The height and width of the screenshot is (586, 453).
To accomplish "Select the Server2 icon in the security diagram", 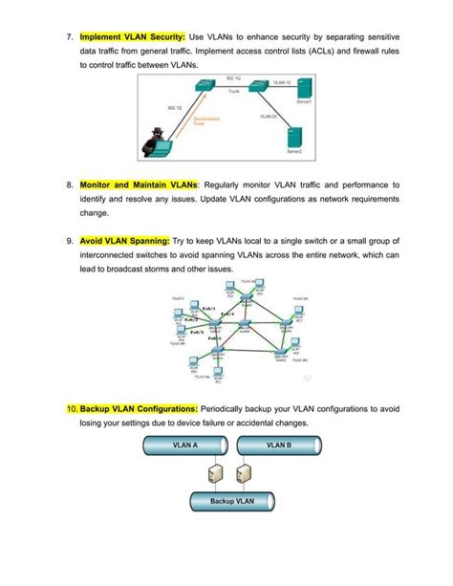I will (x=295, y=138).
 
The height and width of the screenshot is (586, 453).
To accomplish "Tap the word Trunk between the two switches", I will (x=233, y=92).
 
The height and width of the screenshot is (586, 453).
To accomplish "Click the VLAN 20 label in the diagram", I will (x=268, y=117).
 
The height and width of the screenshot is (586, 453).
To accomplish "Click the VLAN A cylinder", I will (x=184, y=445).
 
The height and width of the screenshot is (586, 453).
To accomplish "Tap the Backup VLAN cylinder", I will (x=230, y=501).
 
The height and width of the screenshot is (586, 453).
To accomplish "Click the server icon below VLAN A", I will (x=215, y=472).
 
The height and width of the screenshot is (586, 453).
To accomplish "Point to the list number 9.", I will (x=70, y=242).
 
